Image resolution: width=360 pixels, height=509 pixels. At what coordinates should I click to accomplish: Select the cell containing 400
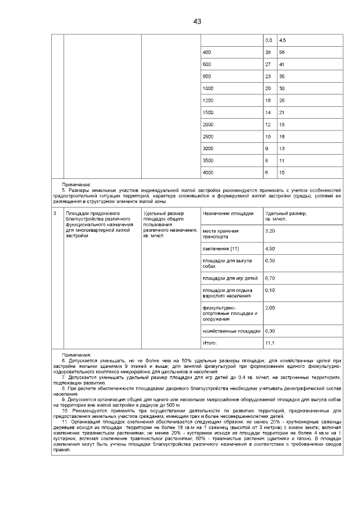pyautogui.click(x=206, y=52)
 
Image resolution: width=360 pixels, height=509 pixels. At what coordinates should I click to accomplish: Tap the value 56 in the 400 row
pyautogui.click(x=282, y=52)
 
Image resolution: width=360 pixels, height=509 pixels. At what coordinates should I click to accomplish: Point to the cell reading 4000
pyautogui.click(x=208, y=172)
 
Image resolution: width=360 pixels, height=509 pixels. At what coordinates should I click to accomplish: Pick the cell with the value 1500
pyautogui.click(x=208, y=112)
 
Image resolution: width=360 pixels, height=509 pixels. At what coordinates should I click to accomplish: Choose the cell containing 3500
pyautogui.click(x=208, y=160)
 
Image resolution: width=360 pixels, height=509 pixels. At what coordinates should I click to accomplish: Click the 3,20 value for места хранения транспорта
pyautogui.click(x=270, y=231)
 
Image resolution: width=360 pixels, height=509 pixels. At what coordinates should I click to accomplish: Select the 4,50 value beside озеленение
pyautogui.click(x=270, y=248)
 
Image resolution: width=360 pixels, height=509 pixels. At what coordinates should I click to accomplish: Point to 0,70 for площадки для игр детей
pyautogui.click(x=270, y=278)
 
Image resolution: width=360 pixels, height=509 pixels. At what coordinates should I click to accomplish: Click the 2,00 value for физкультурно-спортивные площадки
pyautogui.click(x=270, y=308)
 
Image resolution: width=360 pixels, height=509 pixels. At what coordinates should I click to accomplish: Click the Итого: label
pyautogui.click(x=209, y=343)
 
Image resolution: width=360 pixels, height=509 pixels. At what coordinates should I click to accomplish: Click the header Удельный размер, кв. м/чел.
pyautogui.click(x=286, y=216)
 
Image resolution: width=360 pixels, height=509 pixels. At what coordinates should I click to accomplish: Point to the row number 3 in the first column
pyautogui.click(x=55, y=214)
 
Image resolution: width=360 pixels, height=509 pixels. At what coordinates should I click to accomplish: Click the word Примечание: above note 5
pyautogui.click(x=76, y=184)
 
